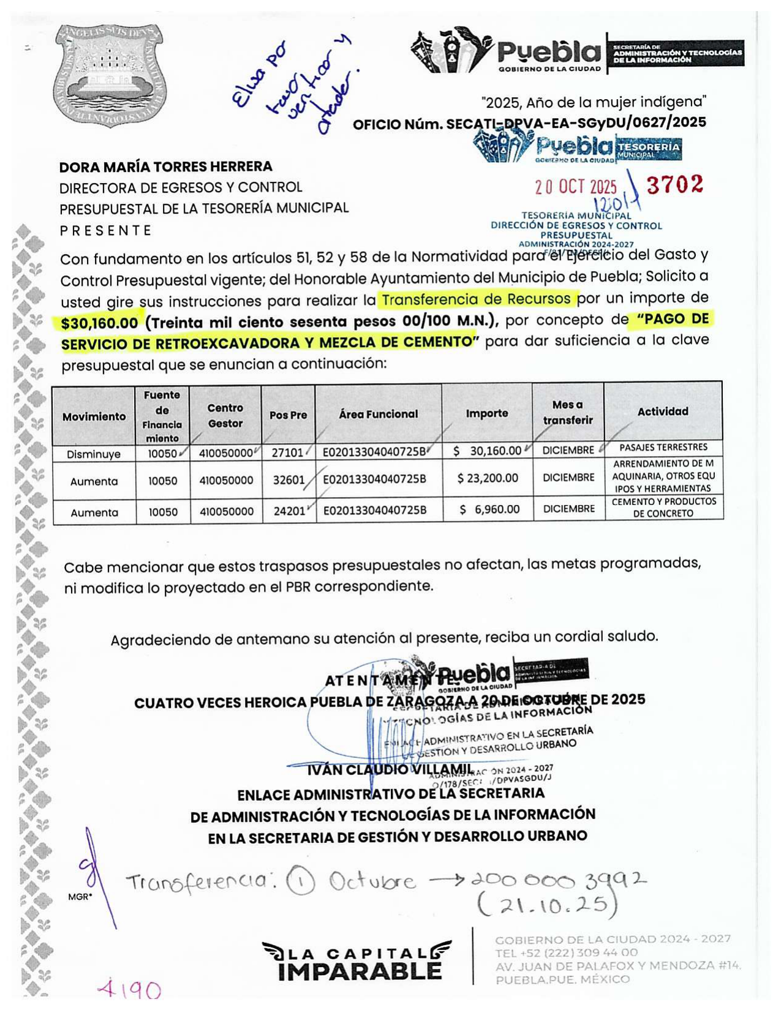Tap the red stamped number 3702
(675, 184)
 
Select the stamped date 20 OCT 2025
(576, 187)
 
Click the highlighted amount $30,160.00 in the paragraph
(100, 322)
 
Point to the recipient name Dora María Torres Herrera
(166, 166)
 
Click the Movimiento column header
(94, 416)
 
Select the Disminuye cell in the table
(94, 454)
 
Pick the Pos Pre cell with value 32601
(289, 480)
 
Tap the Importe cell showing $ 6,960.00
(489, 509)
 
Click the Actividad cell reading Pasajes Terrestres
(663, 447)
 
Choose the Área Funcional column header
(378, 414)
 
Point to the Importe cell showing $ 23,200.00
(488, 478)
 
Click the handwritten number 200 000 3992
(558, 881)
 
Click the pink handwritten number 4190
(130, 989)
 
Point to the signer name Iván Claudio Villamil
(390, 769)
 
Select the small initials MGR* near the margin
(80, 897)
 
